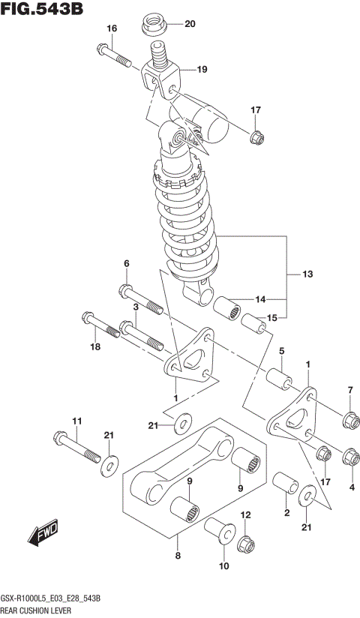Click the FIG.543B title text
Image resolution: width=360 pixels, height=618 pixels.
(x=42, y=10)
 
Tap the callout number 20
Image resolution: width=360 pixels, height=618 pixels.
(x=189, y=24)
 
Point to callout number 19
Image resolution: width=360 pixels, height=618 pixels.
(x=202, y=70)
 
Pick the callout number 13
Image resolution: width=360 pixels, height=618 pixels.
(x=308, y=274)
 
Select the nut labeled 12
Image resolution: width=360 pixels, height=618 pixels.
(x=246, y=542)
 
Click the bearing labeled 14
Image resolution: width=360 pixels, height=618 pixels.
(x=226, y=308)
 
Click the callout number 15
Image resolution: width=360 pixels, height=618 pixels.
(x=272, y=318)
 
